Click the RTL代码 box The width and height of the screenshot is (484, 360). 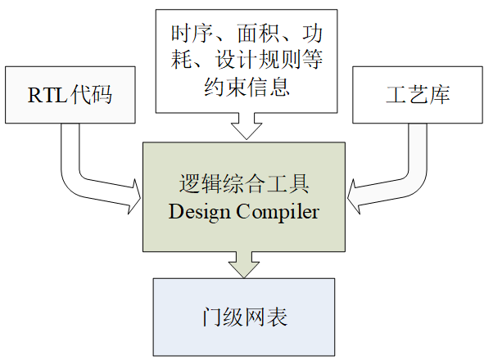(69, 95)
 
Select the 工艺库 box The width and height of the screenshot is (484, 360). (417, 95)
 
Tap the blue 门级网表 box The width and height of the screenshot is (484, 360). (244, 317)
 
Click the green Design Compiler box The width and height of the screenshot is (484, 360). (244, 196)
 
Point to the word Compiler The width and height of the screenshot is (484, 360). (278, 211)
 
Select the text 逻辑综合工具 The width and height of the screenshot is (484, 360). (244, 183)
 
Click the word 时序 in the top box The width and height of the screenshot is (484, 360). (186, 34)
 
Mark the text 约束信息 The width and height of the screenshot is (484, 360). (245, 87)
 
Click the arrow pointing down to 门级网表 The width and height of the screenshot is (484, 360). (244, 264)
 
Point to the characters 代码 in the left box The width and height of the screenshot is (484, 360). (91, 96)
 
